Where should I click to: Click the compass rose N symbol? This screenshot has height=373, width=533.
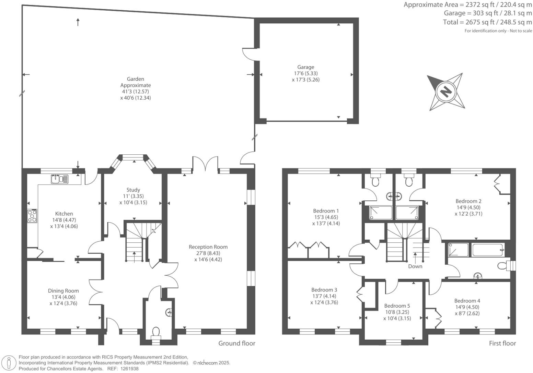click(x=445, y=92)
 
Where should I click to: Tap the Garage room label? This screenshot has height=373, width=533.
click(x=305, y=67)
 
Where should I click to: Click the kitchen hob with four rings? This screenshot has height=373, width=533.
click(x=32, y=216)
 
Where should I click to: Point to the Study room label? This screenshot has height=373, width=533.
click(x=133, y=190)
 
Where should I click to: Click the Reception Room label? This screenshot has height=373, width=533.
click(x=208, y=247)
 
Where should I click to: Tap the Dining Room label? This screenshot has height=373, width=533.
click(x=63, y=291)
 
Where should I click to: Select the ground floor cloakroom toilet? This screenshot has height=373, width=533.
click(x=156, y=333)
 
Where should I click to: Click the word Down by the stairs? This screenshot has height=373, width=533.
click(x=415, y=266)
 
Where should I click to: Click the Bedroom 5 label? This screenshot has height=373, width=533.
click(x=397, y=306)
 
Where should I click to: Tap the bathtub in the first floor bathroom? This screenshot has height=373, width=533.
click(x=488, y=250)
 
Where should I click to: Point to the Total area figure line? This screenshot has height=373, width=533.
click(x=487, y=22)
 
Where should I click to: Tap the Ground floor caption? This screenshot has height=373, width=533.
click(x=237, y=343)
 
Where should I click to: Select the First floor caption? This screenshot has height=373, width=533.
click(x=502, y=343)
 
